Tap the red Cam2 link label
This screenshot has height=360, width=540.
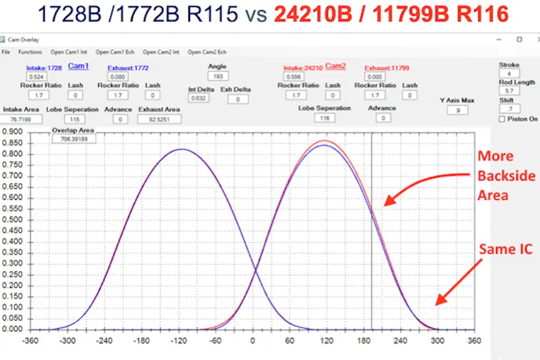335,66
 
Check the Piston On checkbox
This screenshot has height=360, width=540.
502,119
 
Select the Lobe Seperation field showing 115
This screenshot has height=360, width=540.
73,119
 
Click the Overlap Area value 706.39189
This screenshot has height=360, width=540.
72,139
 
